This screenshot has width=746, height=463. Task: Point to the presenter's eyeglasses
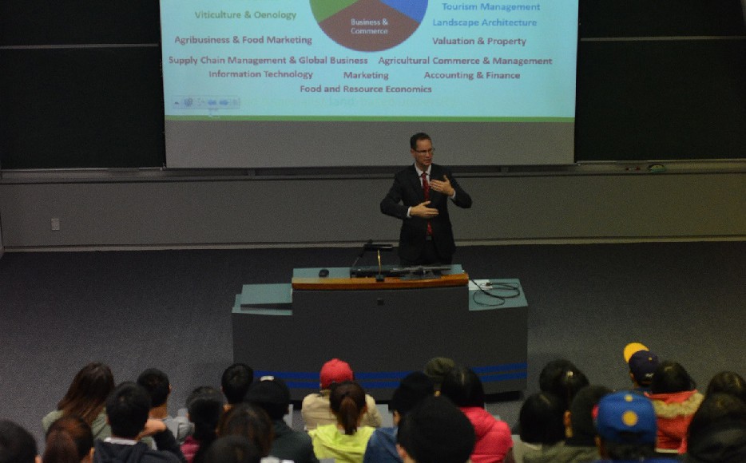pos(423,150)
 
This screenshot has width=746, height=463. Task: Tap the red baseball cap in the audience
pos(335,372)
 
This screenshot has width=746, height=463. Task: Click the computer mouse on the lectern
pos(323,273)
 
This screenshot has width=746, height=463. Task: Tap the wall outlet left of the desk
pos(55,224)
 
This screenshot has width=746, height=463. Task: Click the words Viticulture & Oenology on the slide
pos(245,15)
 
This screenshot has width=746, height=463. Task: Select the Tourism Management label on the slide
pos(490,7)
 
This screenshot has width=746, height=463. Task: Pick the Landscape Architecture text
pos(484,22)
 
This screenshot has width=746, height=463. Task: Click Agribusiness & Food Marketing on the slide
pos(243,40)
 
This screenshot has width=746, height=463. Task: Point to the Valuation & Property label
pos(478,41)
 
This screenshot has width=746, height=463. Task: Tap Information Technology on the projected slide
pos(260,74)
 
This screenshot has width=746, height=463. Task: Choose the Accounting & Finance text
pos(471,75)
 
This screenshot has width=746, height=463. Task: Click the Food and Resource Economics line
pos(366,89)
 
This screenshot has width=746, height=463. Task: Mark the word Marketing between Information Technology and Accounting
pos(366,75)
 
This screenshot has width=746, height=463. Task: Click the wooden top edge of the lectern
pos(379,282)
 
